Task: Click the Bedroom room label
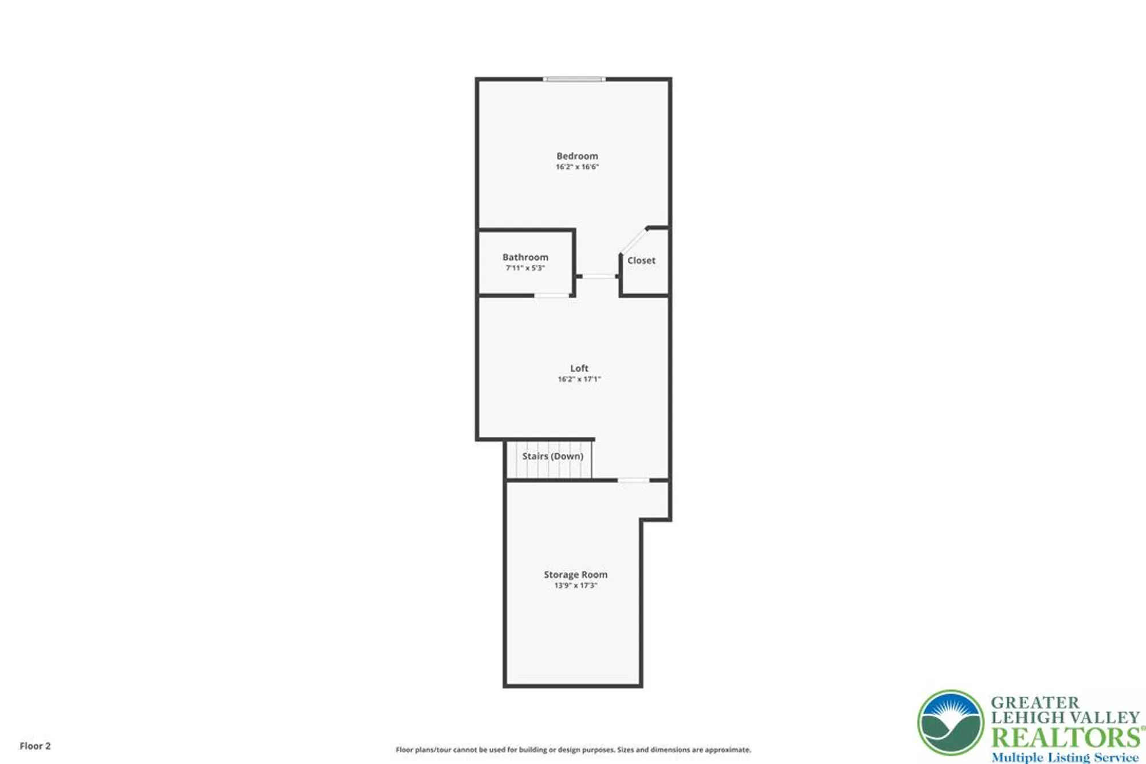[577, 156]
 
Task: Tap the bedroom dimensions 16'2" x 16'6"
[577, 167]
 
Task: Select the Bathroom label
[525, 257]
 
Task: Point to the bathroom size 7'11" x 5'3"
[525, 268]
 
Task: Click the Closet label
[641, 260]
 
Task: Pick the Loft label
[579, 368]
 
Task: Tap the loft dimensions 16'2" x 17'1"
[579, 379]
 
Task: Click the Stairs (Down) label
[552, 456]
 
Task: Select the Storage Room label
[575, 574]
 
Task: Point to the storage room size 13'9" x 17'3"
[575, 585]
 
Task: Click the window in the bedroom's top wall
[574, 79]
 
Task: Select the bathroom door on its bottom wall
[551, 296]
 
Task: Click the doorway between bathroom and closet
[598, 276]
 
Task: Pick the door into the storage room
[633, 480]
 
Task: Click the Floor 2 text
[35, 746]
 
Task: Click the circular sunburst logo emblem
[951, 723]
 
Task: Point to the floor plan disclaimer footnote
[573, 750]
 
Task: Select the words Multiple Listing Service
[1065, 757]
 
